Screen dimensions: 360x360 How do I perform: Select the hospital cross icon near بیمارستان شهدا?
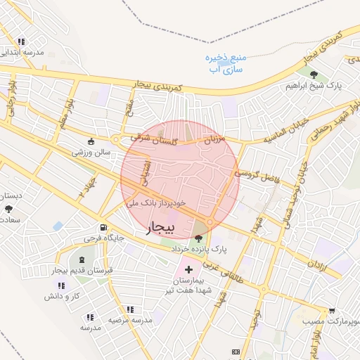point(188,269)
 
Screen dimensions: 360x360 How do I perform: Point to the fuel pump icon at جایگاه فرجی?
point(104,227)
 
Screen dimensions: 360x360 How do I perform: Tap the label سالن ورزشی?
point(91,152)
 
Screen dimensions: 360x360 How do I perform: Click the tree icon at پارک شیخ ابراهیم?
point(324,75)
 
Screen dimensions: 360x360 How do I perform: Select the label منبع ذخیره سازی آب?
point(226,63)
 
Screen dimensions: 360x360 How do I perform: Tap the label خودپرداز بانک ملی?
point(157,202)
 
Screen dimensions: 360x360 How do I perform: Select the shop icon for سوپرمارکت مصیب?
point(331,310)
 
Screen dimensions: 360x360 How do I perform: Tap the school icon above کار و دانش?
point(61,285)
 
